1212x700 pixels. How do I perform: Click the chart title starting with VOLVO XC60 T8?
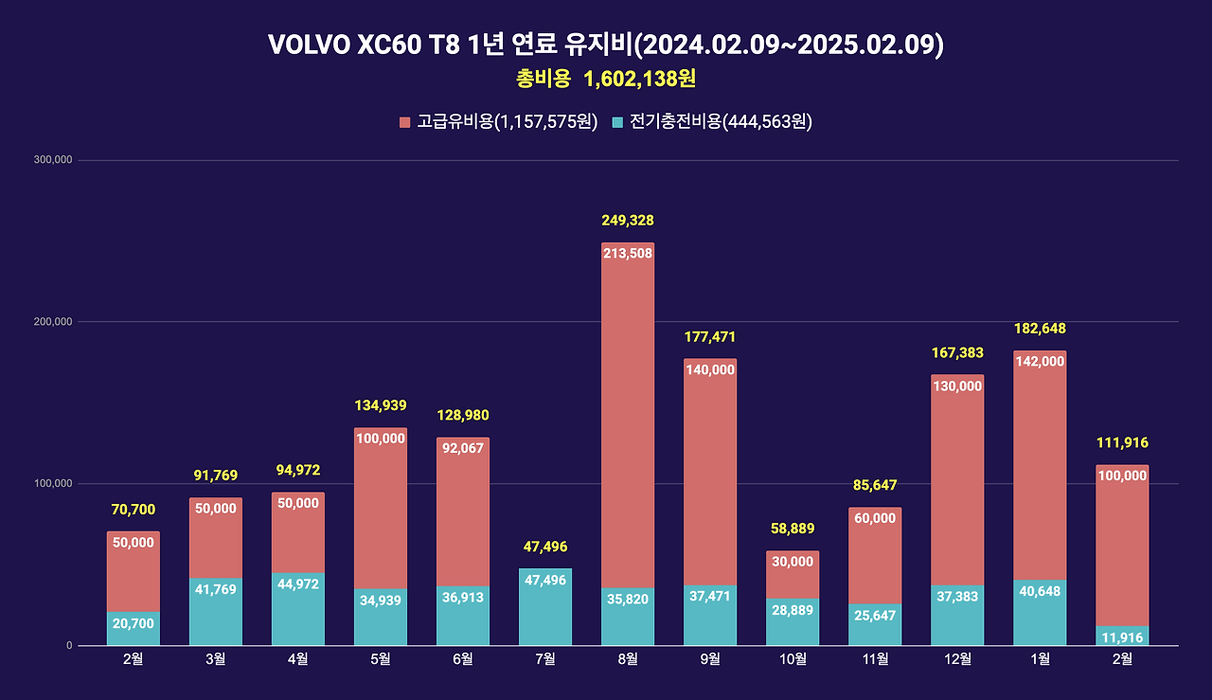606,45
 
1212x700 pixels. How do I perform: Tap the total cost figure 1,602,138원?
640,80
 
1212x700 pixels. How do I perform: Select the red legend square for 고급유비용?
405,122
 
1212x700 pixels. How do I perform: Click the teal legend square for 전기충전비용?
617,122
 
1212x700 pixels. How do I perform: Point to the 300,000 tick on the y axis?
53,160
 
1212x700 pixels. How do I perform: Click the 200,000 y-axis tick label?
53,322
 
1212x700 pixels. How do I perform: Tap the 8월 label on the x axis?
628,659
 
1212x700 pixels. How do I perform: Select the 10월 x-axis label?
793,659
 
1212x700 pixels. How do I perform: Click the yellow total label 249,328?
628,221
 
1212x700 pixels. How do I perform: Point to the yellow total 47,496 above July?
545,547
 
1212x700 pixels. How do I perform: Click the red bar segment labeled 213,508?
628,379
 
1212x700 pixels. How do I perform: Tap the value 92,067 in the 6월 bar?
463,448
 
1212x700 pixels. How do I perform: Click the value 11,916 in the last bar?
1122,637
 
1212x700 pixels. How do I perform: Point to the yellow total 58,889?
793,529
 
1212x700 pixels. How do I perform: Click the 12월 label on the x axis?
957,659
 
